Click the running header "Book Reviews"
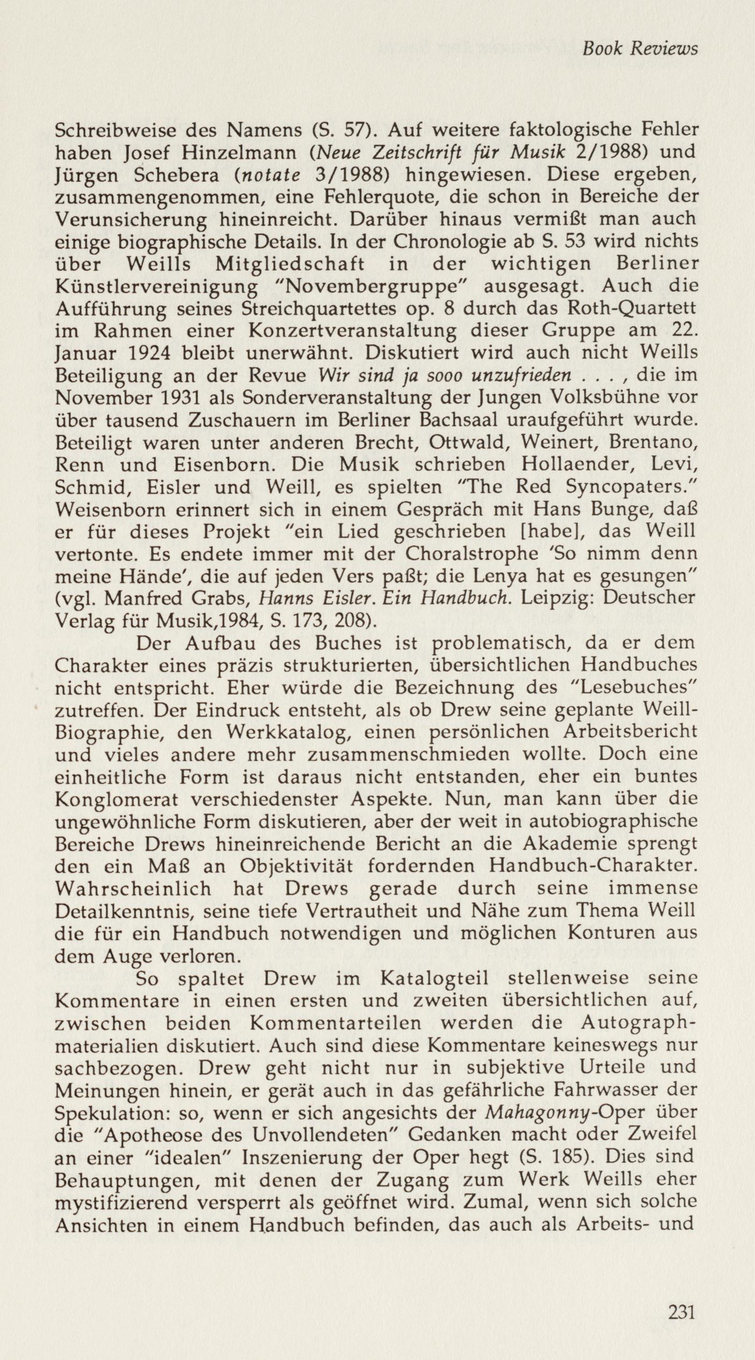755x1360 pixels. click(640, 49)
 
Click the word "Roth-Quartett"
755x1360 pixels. click(631, 309)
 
